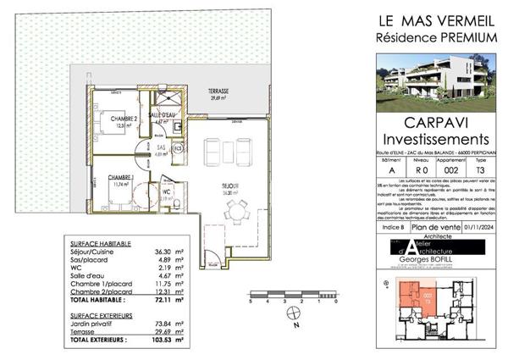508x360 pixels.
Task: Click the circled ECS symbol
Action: (178, 150)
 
